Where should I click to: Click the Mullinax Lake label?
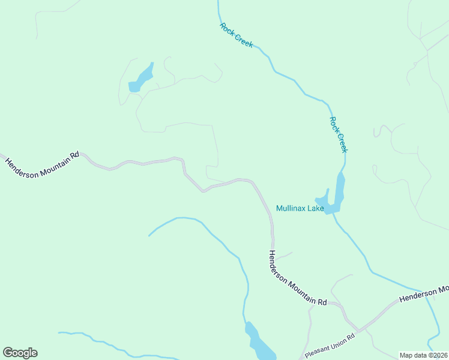tap(300, 209)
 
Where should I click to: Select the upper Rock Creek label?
tap(237, 35)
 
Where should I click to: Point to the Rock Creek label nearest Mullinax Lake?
tap(339, 134)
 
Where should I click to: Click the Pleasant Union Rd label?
tap(330, 347)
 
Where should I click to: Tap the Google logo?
tap(20, 353)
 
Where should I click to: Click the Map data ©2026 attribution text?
tap(423, 355)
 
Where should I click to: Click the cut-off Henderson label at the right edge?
tap(424, 294)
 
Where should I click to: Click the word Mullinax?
tap(292, 209)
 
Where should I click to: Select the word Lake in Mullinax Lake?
tap(316, 209)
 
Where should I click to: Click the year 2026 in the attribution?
tap(439, 355)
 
